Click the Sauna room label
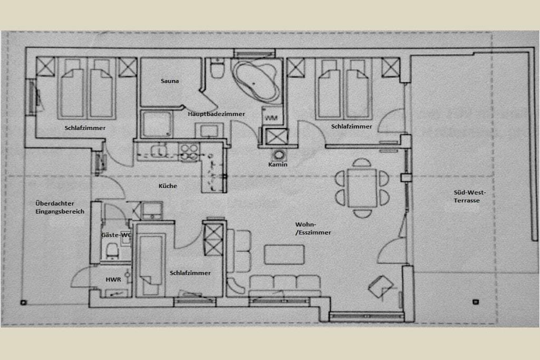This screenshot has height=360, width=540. [169, 81]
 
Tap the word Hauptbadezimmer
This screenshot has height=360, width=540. [216, 114]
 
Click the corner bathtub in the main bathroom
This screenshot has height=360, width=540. [255, 81]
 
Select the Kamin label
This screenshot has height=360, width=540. [277, 164]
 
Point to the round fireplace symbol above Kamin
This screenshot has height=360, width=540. [278, 155]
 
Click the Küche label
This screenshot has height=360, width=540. [168, 186]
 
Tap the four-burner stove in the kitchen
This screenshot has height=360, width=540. [189, 152]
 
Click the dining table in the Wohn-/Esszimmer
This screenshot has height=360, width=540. [362, 187]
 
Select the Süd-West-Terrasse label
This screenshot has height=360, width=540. [469, 196]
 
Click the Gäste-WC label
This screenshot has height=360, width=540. [117, 235]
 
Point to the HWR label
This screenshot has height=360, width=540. [113, 279]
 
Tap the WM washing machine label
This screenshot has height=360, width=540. [272, 118]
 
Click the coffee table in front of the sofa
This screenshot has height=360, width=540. [284, 255]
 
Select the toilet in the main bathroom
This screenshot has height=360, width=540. [217, 69]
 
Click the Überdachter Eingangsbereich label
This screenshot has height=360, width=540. [60, 208]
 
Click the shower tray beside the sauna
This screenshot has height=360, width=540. [157, 124]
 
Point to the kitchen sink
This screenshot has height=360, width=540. [158, 150]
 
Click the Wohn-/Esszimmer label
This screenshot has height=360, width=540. [313, 229]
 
